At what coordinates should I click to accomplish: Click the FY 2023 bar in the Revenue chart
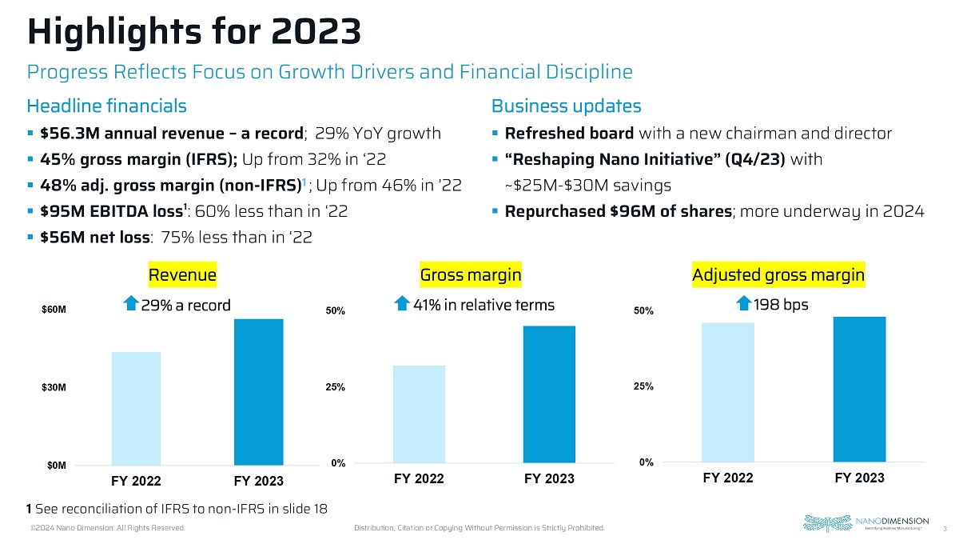pyautogui.click(x=259, y=391)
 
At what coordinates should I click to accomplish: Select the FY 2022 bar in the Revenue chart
pyautogui.click(x=137, y=408)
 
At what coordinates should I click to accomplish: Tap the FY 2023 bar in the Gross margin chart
pyautogui.click(x=550, y=394)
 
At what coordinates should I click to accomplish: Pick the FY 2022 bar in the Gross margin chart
pyautogui.click(x=419, y=414)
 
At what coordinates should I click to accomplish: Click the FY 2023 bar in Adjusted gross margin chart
pyautogui.click(x=859, y=390)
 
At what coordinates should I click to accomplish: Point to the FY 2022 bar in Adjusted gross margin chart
pyautogui.click(x=728, y=392)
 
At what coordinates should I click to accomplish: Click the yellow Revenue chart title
pyautogui.click(x=183, y=276)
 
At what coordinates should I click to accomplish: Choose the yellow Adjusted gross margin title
pyautogui.click(x=778, y=276)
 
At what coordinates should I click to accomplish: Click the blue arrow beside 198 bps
pyautogui.click(x=742, y=304)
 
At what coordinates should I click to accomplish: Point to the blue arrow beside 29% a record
pyautogui.click(x=130, y=304)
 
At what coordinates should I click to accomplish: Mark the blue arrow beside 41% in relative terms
pyautogui.click(x=404, y=304)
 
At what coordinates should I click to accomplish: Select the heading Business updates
pyautogui.click(x=566, y=106)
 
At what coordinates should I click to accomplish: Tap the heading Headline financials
pyautogui.click(x=107, y=106)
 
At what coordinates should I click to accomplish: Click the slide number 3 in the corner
pyautogui.click(x=945, y=528)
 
